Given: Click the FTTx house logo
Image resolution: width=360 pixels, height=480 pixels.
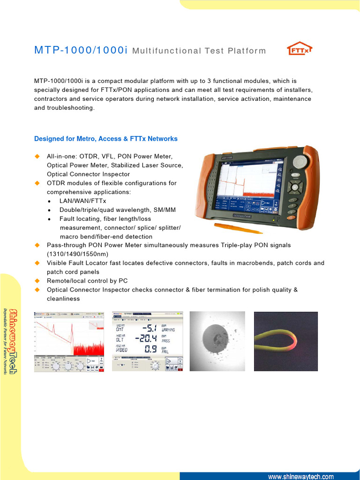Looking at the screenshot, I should tap(299, 50).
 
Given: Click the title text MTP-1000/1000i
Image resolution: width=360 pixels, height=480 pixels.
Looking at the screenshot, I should tap(81, 50).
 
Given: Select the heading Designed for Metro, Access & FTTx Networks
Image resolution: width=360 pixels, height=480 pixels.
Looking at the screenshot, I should tap(106, 139).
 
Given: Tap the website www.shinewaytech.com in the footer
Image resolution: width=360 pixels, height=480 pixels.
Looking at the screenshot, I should tap(300, 476).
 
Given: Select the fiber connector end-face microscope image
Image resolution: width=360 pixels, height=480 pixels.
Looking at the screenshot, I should tap(217, 341).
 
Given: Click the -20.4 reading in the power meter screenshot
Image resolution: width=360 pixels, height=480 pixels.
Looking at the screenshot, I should tap(144, 337).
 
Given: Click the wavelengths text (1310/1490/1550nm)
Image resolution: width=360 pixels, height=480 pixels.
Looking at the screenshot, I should tap(77, 254).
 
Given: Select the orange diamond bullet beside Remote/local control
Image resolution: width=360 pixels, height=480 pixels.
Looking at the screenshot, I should tap(37, 281).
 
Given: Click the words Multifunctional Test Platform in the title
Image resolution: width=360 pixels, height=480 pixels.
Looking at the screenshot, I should tap(199, 51).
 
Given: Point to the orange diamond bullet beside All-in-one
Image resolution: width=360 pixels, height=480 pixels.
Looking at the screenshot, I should tap(37, 156).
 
